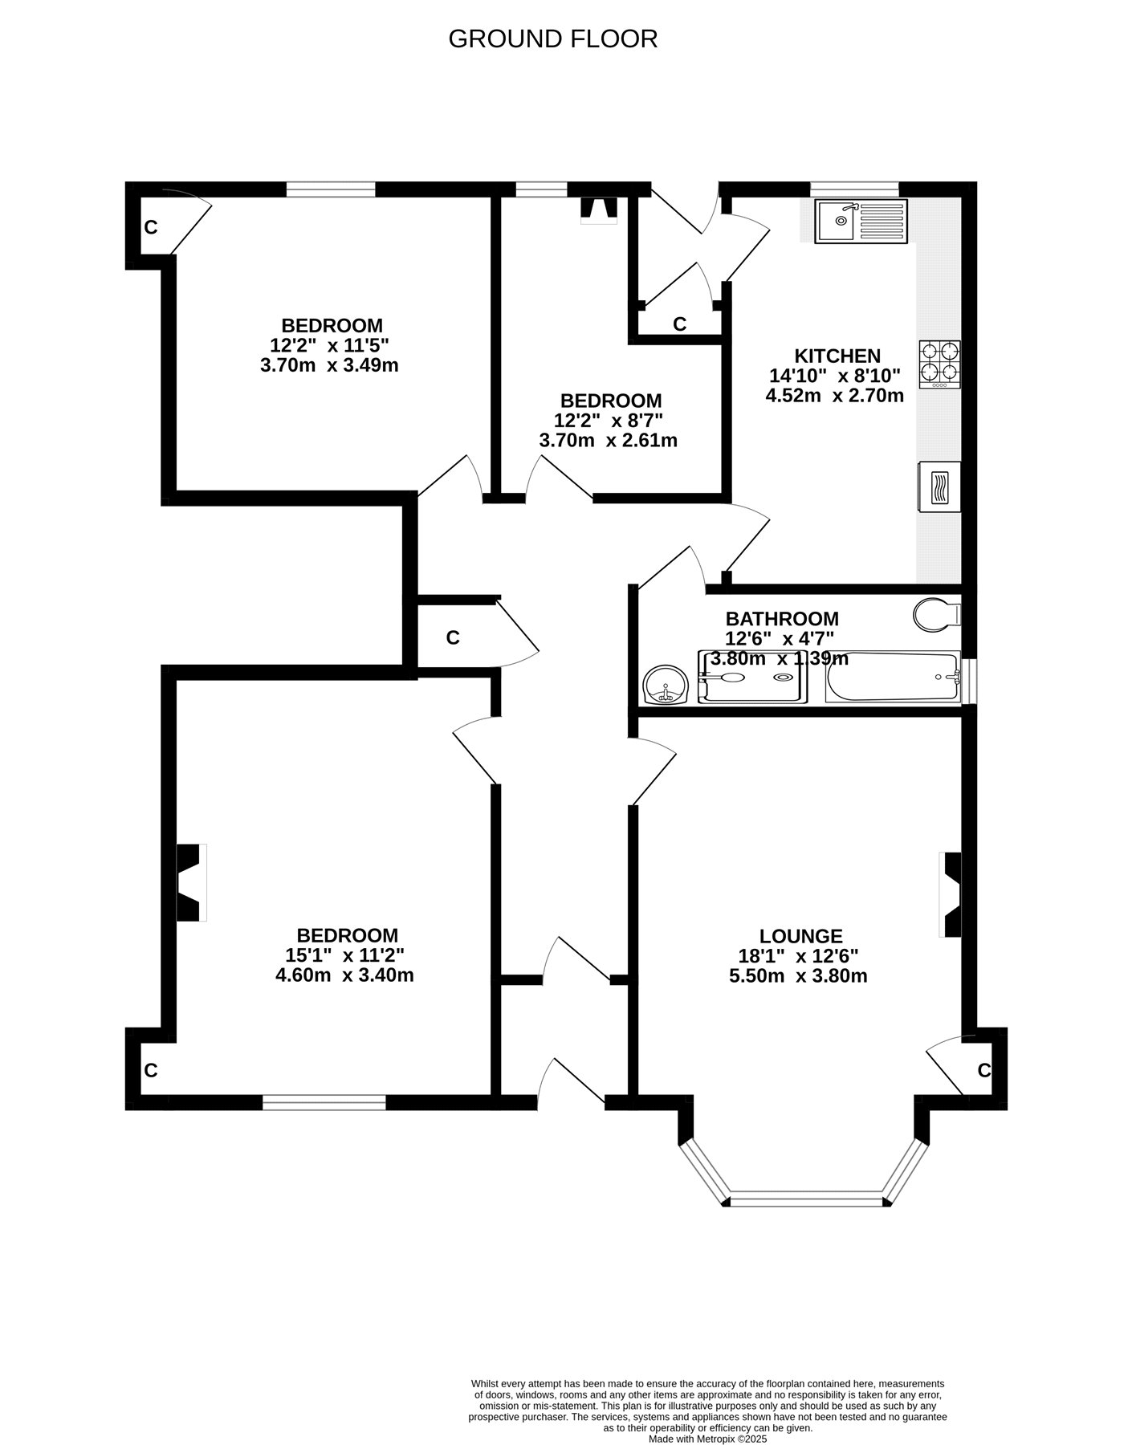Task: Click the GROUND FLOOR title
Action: click(552, 39)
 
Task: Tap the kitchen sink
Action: click(861, 221)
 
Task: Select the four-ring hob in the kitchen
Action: click(940, 365)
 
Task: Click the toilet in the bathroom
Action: click(937, 614)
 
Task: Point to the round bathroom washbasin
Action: click(666, 685)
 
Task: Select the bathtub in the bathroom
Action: click(893, 677)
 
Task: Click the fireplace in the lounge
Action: click(951, 894)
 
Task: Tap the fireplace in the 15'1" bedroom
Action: click(191, 882)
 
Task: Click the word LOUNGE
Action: click(801, 936)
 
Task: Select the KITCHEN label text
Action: click(837, 356)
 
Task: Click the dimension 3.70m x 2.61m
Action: click(608, 440)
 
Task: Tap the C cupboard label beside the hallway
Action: click(453, 637)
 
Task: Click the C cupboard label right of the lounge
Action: click(984, 1070)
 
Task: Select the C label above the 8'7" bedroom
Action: click(680, 324)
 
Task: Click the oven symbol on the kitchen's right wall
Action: click(939, 486)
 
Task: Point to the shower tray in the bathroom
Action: click(752, 677)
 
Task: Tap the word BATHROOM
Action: click(782, 619)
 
